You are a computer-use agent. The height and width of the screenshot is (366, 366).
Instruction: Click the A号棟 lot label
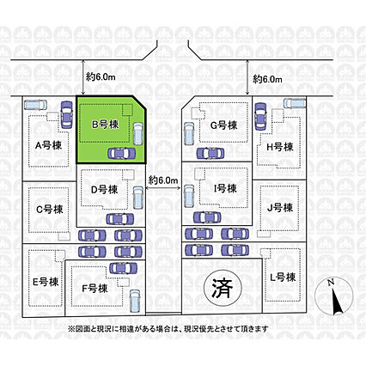[x=48, y=146]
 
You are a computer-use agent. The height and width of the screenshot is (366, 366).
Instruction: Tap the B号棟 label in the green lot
[x=106, y=125]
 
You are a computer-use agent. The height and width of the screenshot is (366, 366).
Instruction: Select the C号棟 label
[x=50, y=210]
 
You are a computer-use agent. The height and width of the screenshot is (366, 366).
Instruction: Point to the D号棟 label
[x=104, y=189]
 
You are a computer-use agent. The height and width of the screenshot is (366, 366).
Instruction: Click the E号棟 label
[x=46, y=282]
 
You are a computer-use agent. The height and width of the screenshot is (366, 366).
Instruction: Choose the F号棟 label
[x=95, y=289]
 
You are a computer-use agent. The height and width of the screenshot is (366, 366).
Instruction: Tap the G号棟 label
[x=224, y=125]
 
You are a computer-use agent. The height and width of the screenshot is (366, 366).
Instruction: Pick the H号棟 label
[x=280, y=147]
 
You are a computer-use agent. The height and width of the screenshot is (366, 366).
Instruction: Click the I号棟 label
[x=225, y=188]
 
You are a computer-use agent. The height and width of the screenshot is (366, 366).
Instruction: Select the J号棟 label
[x=280, y=208]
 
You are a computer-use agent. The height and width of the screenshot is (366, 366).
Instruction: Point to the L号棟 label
[x=283, y=277]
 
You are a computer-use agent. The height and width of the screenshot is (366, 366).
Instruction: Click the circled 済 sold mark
[x=223, y=288]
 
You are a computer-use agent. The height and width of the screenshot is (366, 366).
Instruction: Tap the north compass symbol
[x=332, y=297]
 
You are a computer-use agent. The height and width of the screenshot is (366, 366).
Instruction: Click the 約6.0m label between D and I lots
[x=163, y=180]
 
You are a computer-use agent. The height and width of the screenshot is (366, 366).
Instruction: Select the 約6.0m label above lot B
[x=101, y=76]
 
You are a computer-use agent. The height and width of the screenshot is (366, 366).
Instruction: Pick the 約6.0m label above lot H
[x=267, y=79]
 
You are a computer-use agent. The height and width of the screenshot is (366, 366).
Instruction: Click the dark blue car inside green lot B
[x=121, y=154]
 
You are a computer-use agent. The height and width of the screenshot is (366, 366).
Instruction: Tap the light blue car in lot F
[x=134, y=301]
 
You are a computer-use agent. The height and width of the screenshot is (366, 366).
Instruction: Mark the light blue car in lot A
[x=35, y=105]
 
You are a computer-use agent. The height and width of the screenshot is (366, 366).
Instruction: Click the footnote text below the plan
[x=168, y=328]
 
